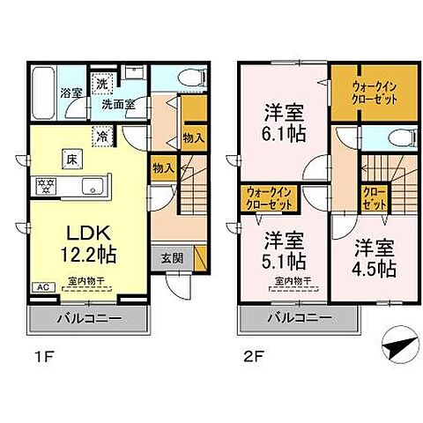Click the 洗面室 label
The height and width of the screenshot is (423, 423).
[115, 102]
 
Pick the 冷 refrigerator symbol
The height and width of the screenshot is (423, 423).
[104, 137]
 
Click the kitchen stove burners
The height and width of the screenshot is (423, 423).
[44, 186]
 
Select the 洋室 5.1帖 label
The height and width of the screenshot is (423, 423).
[284, 250]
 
